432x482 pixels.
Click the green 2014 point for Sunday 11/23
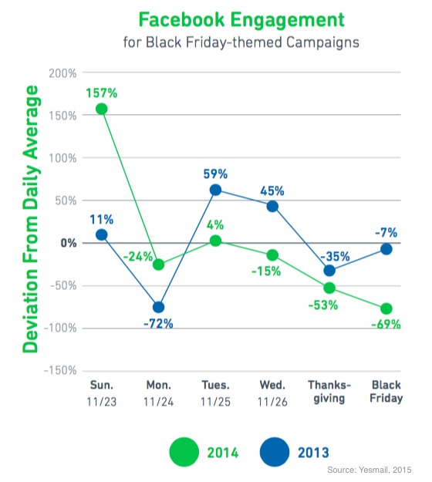pos(102,109)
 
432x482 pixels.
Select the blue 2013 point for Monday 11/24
pos(158,307)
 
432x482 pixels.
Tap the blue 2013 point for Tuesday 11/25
pos(215,190)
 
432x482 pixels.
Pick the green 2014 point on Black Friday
pos(386,308)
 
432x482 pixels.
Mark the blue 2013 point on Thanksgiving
pos(329,271)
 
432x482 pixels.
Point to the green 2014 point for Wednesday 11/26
pos(272,254)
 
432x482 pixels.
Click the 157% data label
pos(102,93)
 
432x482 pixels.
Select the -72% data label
pos(158,324)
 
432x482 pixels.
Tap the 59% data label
pos(215,174)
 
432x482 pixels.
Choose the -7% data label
pos(386,232)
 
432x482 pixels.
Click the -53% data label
pos(323,305)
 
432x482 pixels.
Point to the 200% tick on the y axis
pos(62,73)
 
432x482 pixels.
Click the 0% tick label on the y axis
pos(68,243)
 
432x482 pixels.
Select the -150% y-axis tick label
pos(60,370)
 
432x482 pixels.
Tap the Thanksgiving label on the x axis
pos(329,392)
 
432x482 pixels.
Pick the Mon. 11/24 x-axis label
pos(159,393)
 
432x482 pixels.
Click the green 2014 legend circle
pos(184,452)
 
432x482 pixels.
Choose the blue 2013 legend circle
pos(275,452)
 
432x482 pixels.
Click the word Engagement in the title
pos(288,20)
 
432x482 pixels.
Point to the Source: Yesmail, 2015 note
pos(370,470)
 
